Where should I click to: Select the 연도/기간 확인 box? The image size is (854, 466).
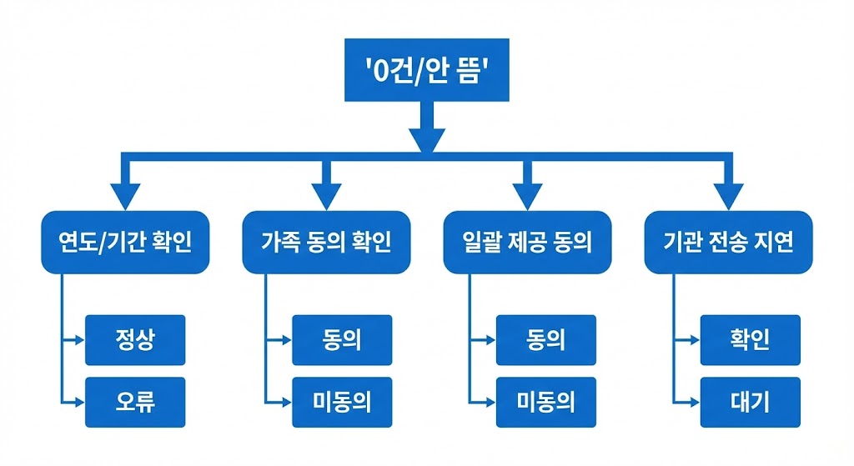point(125,242)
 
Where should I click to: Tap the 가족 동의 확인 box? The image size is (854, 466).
point(326,242)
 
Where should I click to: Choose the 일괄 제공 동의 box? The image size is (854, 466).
point(526,242)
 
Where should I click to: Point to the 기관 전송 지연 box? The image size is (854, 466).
point(728,242)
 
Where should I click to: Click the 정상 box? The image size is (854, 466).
point(134,340)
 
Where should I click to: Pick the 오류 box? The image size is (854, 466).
point(134,403)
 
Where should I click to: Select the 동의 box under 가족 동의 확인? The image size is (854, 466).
point(341,340)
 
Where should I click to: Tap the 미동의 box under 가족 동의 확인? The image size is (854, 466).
point(341,403)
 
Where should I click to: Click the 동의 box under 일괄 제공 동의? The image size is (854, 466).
point(545,340)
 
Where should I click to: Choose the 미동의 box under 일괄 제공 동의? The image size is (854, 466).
point(545,403)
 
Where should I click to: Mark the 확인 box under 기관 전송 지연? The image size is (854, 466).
point(750,340)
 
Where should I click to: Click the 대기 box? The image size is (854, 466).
point(750,403)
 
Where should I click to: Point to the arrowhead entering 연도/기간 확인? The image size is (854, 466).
point(125,197)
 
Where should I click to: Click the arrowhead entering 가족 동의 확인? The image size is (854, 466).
point(326,197)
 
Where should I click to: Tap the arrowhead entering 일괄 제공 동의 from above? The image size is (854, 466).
point(526,197)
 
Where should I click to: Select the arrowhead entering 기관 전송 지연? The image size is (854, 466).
point(728,197)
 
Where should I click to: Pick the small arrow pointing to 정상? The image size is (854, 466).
point(78,340)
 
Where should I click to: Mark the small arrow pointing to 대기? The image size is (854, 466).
point(693,403)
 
